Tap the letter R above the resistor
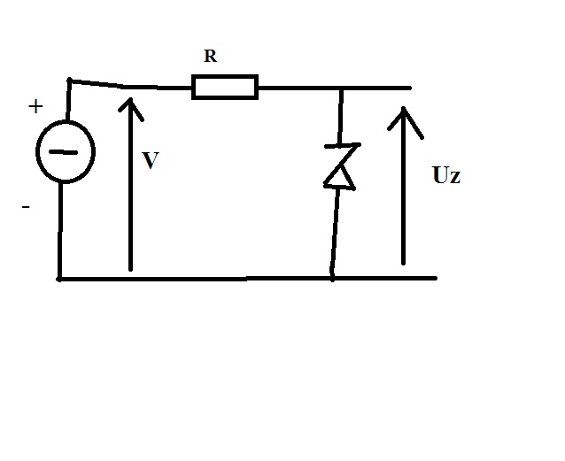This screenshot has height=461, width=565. point(211,56)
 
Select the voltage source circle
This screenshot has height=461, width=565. point(37,151)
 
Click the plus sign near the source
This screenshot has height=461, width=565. point(35,106)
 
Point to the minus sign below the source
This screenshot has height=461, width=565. point(26,207)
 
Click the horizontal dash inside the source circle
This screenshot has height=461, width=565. point(63,152)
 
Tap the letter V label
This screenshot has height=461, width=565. point(151,160)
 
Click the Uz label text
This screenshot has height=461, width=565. point(446,176)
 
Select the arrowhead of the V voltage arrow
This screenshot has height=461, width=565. point(130,100)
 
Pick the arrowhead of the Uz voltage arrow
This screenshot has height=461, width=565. point(404,109)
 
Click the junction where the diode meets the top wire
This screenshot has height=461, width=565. point(342,88)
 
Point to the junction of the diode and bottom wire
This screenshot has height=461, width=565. point(332,279)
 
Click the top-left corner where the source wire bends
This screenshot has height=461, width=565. point(70,80)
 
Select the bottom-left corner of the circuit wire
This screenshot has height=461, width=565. point(59,279)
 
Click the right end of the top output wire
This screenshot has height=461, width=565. point(410,88)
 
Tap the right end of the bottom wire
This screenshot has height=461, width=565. point(436,278)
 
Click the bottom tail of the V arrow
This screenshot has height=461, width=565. point(130,269)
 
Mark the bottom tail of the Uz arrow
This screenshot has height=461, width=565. point(403,264)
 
